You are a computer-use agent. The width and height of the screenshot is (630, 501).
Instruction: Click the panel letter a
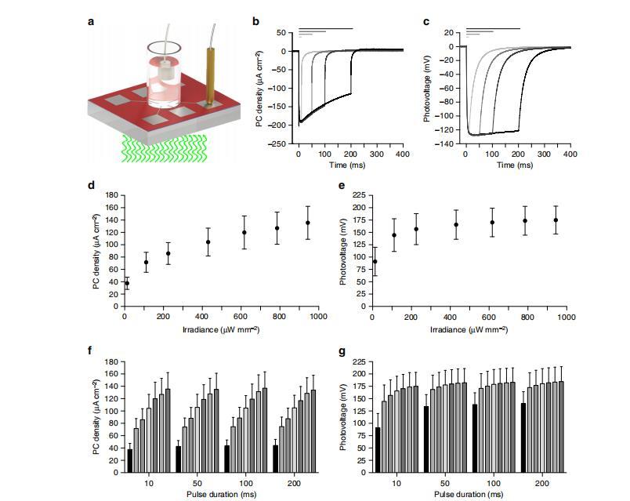click(91, 20)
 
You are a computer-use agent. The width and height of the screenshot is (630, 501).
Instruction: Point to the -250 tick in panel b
click(277, 144)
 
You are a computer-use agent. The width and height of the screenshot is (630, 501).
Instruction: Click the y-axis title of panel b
click(259, 89)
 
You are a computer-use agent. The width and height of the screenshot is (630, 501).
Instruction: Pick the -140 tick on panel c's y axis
click(447, 145)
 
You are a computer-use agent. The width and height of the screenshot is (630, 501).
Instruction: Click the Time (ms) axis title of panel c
click(518, 165)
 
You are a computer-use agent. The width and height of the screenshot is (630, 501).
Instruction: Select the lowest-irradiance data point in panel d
click(127, 283)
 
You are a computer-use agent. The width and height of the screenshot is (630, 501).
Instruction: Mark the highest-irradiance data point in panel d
click(308, 223)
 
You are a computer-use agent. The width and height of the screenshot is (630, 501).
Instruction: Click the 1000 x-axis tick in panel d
click(318, 317)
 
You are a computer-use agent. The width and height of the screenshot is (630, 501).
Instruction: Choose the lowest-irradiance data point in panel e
click(375, 261)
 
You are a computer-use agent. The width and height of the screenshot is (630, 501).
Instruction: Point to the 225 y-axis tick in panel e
click(357, 194)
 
